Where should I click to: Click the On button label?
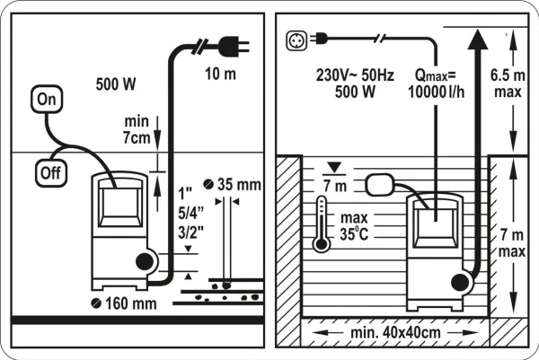coord(47,100)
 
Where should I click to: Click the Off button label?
coord(51,172)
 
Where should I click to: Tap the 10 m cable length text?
coord(220,74)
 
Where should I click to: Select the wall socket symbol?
coord(296,40)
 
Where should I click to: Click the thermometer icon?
coord(322,224)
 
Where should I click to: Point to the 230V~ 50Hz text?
coord(355,75)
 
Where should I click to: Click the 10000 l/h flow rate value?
coord(437,92)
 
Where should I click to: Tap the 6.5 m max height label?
coord(508,83)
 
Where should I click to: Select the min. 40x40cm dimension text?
coord(395,332)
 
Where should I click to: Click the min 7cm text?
coord(137,129)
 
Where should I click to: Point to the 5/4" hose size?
coord(190,214)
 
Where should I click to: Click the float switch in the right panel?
coord(379,184)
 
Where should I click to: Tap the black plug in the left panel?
coord(234,46)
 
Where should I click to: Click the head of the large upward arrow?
coord(478,40)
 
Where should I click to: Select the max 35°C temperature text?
coord(354,226)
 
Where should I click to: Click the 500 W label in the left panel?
coord(116,84)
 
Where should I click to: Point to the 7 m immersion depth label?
coord(335,186)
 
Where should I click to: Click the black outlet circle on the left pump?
coord(145,262)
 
